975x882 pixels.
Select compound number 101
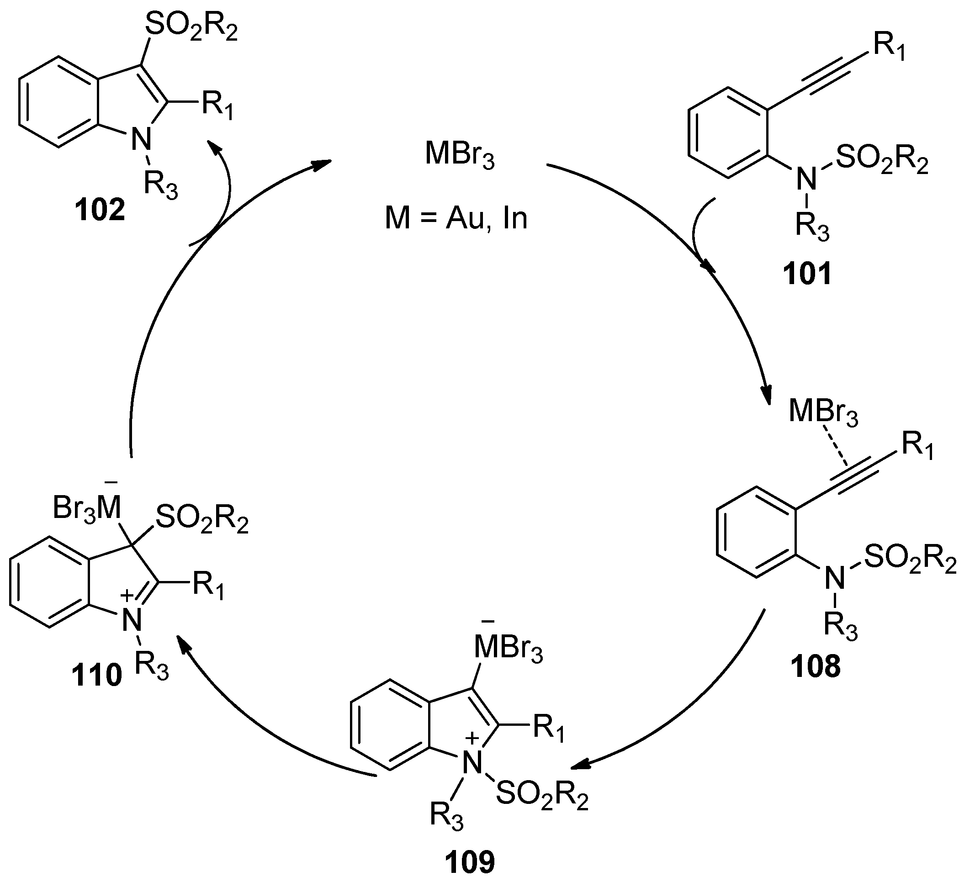(808, 274)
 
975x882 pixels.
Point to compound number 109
(470, 862)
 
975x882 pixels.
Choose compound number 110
(97, 676)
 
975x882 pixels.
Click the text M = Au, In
(456, 219)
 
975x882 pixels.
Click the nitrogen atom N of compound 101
(806, 180)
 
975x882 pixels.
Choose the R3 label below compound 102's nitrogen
(160, 185)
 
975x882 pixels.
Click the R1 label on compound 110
(208, 586)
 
